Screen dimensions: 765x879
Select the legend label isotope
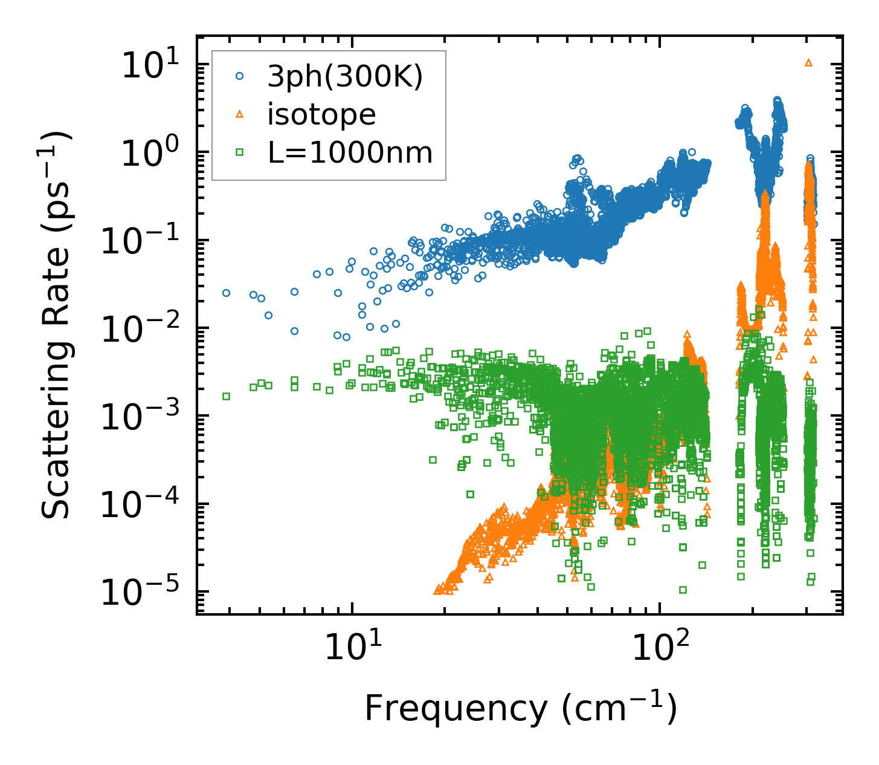coord(321,115)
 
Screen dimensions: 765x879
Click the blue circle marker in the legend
coord(240,76)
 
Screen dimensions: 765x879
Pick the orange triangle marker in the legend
coord(240,114)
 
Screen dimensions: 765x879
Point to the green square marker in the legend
coord(240,152)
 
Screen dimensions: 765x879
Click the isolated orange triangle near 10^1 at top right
coord(809,62)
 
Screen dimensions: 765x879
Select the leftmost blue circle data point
coord(226,293)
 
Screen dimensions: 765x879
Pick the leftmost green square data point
coord(226,396)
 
